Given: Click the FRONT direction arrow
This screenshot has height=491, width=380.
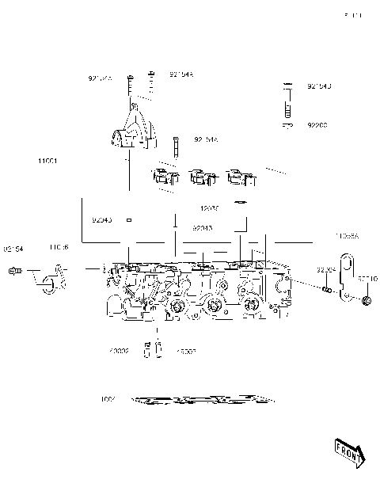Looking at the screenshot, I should pyautogui.click(x=348, y=451).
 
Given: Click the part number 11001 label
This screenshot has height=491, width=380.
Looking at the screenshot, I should pyautogui.click(x=47, y=161).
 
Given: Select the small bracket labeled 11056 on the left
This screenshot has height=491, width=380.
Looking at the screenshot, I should pyautogui.click(x=49, y=280).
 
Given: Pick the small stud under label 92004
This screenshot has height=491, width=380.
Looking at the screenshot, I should pyautogui.click(x=325, y=289).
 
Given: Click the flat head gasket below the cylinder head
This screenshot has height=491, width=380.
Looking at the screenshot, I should pyautogui.click(x=202, y=399).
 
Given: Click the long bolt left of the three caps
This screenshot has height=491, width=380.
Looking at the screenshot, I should pyautogui.click(x=173, y=147).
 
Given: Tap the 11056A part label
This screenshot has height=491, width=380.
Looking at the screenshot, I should pyautogui.click(x=346, y=236).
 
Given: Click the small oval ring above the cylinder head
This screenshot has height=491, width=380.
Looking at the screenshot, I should pyautogui.click(x=241, y=202).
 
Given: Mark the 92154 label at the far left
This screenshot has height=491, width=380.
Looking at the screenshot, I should pyautogui.click(x=13, y=249).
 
